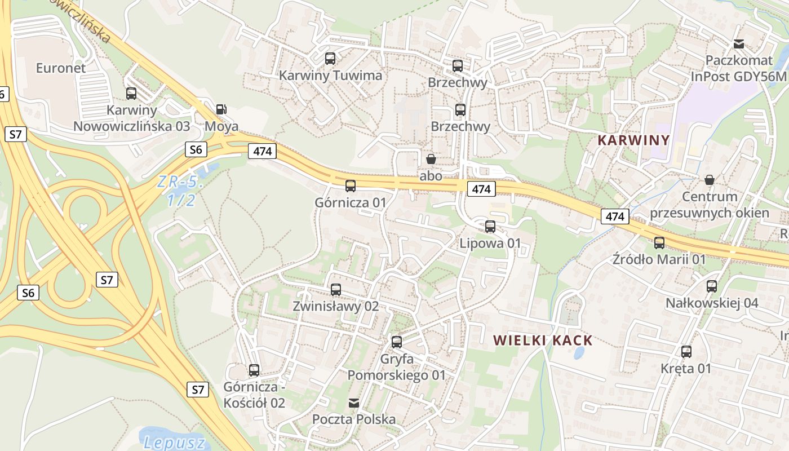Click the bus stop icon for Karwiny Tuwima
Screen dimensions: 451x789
click(330, 58)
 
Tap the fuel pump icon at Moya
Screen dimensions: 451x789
click(221, 109)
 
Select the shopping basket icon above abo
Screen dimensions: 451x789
click(431, 159)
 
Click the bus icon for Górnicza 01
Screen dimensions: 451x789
click(351, 185)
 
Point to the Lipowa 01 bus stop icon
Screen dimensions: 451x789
click(490, 227)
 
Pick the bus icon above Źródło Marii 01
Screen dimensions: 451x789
click(659, 243)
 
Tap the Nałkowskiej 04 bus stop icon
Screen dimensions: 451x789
click(712, 286)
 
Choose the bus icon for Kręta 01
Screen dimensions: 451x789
click(686, 352)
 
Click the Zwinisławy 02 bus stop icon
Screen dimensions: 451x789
click(336, 290)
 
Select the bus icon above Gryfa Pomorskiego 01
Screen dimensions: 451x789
click(397, 342)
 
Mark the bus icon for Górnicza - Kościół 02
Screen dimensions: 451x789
click(254, 370)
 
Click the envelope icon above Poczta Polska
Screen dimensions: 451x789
click(354, 403)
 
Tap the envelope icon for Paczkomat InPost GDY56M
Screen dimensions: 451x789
click(739, 44)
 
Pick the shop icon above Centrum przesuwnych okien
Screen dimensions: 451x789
click(710, 180)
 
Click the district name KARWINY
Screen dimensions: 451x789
click(633, 140)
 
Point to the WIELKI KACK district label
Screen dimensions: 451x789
click(543, 341)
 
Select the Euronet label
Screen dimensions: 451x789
click(61, 68)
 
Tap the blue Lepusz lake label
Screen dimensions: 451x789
click(174, 443)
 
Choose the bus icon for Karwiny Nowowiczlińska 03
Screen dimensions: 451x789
click(131, 94)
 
